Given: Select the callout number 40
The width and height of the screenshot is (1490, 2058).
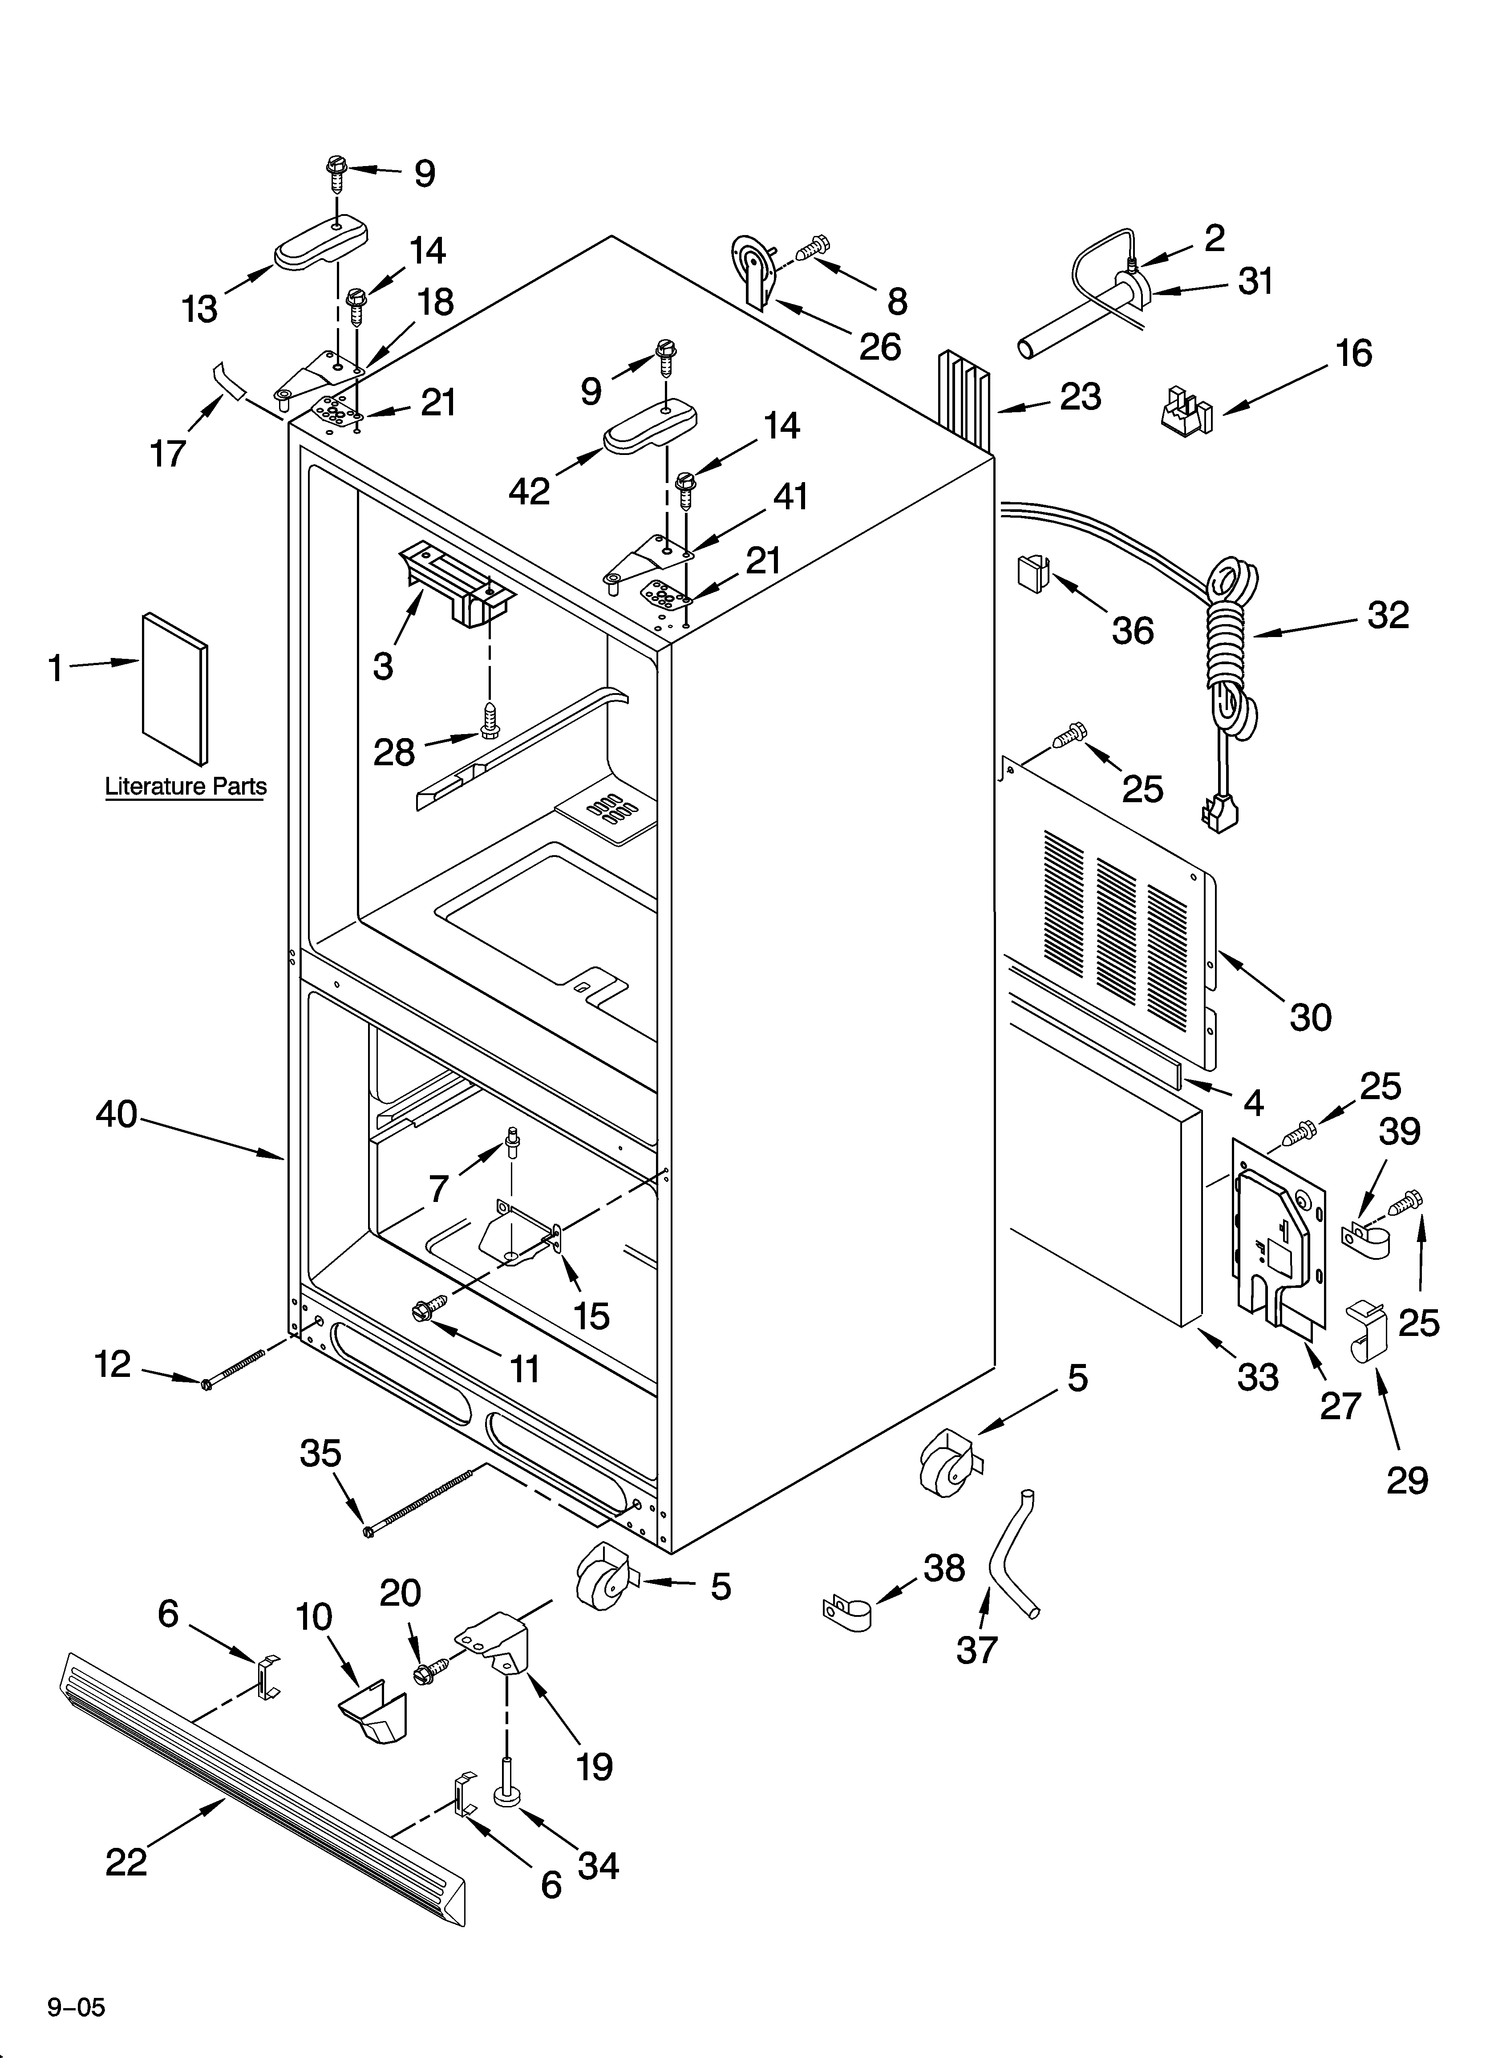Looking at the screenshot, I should [x=116, y=1114].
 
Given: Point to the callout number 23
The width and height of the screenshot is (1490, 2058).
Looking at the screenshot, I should [x=1080, y=397].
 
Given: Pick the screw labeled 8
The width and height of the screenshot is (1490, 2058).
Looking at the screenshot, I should [x=814, y=246].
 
